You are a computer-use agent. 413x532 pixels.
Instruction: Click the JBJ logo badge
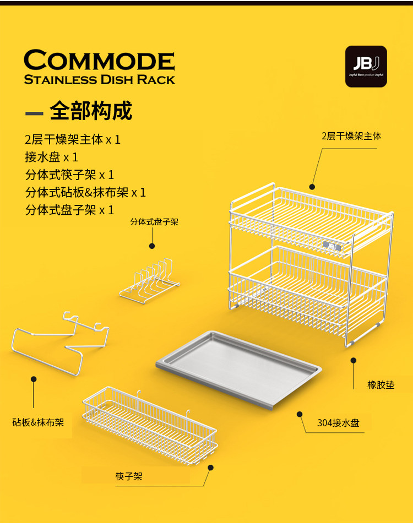366,66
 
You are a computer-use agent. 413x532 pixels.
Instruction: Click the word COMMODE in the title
99,60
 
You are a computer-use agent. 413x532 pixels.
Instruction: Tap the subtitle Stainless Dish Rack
99,79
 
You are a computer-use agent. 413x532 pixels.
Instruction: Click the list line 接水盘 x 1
51,157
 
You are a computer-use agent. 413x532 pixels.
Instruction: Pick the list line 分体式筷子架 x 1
69,175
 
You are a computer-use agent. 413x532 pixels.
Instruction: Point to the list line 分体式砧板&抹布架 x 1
85,192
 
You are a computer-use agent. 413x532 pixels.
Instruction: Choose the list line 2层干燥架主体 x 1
73,139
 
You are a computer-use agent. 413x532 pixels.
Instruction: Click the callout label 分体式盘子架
154,222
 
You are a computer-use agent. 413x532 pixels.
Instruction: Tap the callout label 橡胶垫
381,385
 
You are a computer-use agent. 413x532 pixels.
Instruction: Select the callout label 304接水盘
338,423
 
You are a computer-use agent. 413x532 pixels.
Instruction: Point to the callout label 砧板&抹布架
39,422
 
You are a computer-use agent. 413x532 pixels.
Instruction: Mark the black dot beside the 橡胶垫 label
354,360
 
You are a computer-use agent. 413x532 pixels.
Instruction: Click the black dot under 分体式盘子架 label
153,246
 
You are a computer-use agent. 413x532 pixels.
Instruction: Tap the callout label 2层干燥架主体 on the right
351,135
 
